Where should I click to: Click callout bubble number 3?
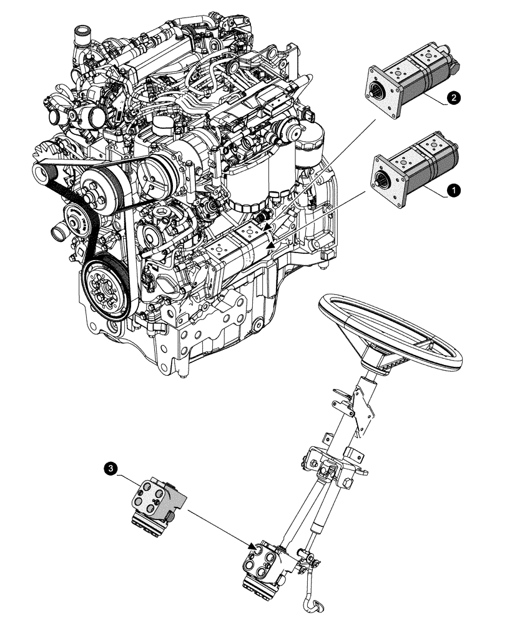point(111,467)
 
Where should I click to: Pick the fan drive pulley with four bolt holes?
point(99,188)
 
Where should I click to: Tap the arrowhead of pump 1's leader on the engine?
point(270,248)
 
